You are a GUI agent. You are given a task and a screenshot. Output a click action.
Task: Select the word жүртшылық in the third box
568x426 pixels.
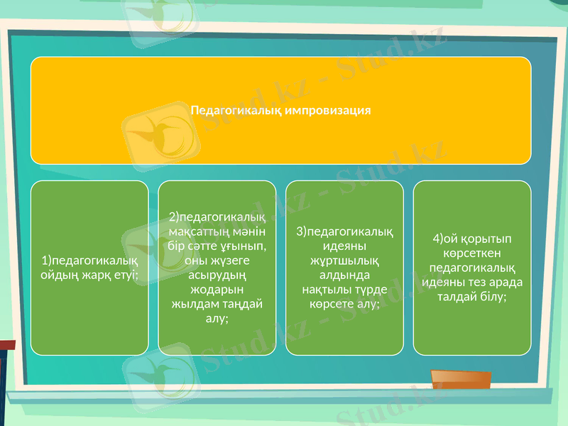pos(344,260)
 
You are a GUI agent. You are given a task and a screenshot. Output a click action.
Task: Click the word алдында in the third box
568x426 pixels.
pos(344,275)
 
